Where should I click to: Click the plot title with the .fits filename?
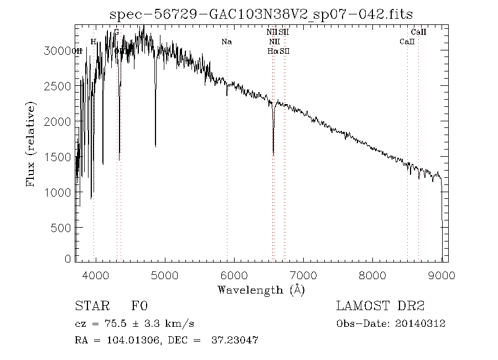pos(261,14)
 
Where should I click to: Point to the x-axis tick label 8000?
pos(373,275)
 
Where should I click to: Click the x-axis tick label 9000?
pos(442,275)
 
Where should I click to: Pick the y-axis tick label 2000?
pos(58,121)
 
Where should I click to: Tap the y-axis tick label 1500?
pos(58,157)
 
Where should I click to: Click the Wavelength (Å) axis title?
pos(261,289)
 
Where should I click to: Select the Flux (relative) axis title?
pos(32,144)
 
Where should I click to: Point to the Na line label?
pos(226,42)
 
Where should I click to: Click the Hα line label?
pos(272,51)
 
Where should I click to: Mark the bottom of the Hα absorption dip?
pos(273,154)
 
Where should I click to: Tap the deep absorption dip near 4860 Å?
pos(155,146)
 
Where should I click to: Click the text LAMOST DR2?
pos(380,306)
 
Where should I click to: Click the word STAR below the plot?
pos(90,306)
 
